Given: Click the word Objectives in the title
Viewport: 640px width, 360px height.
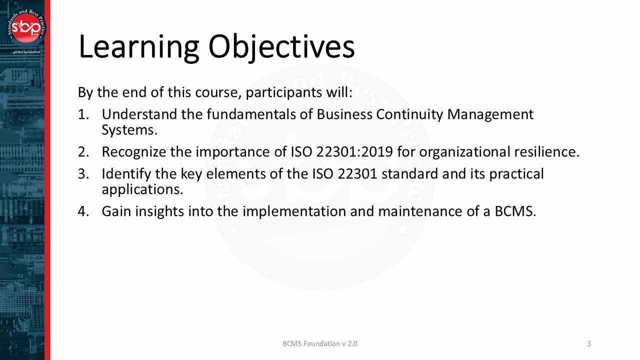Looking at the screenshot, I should tap(281, 47).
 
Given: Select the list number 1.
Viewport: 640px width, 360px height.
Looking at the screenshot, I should tap(83, 114).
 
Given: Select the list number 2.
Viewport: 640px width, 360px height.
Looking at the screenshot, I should tap(83, 152).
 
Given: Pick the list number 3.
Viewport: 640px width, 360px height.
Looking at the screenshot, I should tap(83, 174).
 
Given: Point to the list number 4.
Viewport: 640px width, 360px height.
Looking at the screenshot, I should tap(83, 211).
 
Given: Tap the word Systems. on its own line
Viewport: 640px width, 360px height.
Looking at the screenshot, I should tap(129, 130).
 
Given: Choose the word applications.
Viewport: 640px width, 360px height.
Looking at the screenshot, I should tap(142, 190).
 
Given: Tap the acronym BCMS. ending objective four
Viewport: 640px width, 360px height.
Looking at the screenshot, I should tap(515, 211).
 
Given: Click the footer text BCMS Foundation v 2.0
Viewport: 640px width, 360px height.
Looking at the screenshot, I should tap(320, 343).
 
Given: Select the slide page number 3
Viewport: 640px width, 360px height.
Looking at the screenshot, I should tap(588, 343).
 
